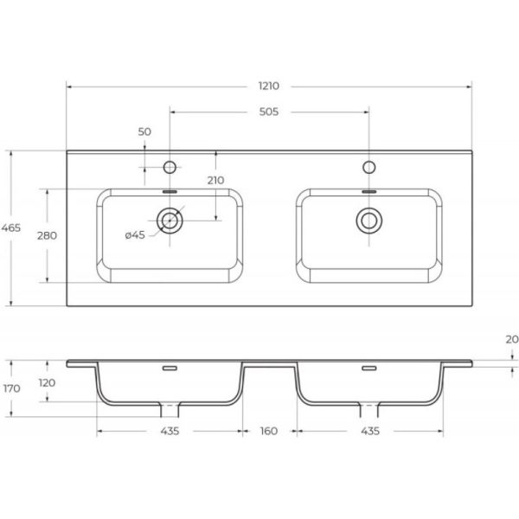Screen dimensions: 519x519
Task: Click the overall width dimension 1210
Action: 269,86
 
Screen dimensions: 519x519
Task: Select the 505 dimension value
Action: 269,112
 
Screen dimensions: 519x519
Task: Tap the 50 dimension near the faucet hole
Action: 144,131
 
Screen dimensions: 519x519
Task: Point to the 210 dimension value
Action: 215,181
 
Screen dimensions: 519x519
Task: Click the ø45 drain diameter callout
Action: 135,235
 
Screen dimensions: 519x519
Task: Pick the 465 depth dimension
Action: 11,227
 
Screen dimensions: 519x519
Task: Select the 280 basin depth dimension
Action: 47,235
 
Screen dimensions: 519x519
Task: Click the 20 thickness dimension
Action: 512,339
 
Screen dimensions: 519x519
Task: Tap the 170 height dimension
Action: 12,388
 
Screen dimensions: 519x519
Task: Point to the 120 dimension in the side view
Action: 47,383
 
